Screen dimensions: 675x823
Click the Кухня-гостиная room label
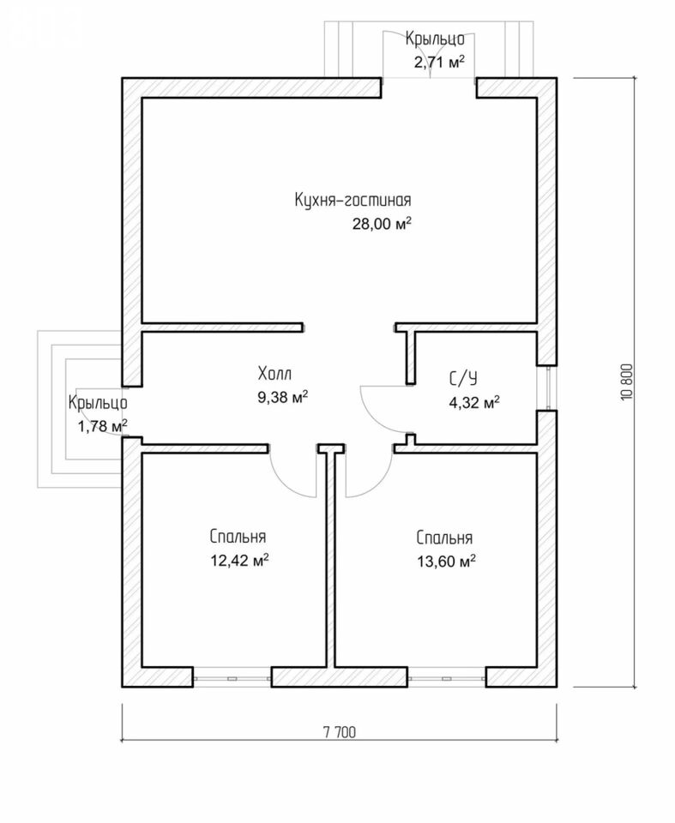tap(353, 200)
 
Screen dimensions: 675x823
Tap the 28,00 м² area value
tap(382, 224)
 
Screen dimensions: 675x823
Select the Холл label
tap(274, 374)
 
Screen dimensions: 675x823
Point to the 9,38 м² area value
tap(282, 397)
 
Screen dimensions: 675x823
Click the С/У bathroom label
tap(463, 378)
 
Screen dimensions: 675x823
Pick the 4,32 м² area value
tap(473, 403)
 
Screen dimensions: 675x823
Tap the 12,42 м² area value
tap(240, 561)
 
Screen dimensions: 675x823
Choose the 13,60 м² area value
tap(447, 562)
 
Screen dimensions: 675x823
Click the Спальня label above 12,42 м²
tap(238, 537)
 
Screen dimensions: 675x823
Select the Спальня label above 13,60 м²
tap(444, 538)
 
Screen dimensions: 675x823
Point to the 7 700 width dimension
tap(340, 732)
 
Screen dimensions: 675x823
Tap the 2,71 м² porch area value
tap(439, 63)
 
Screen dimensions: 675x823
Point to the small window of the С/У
tap(547, 387)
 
